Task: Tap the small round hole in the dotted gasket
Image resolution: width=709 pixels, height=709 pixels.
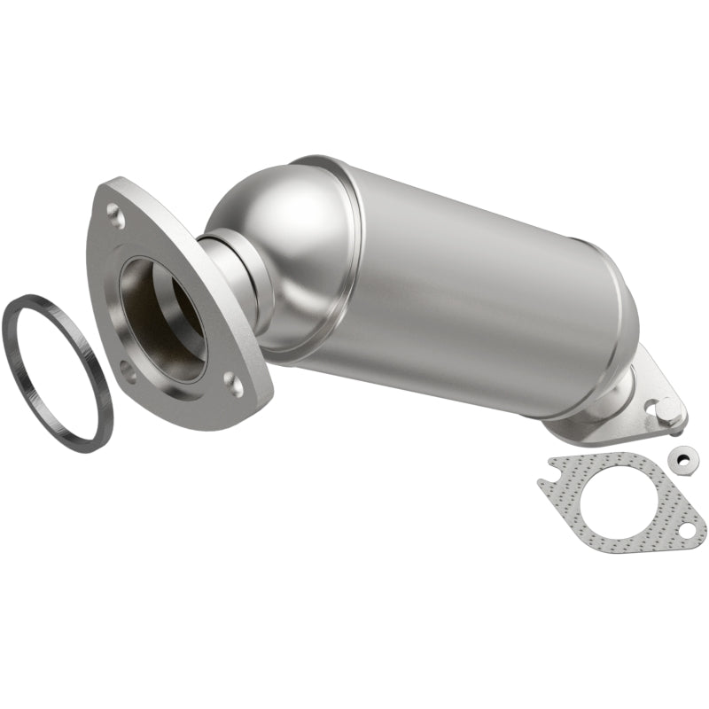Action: pos(687,529)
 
